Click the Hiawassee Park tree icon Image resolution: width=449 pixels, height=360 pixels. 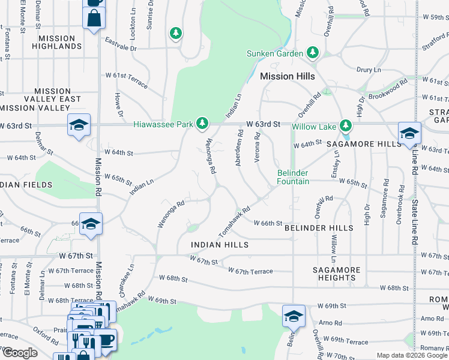click(x=203, y=124)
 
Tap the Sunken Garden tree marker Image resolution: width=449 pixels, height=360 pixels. click(x=312, y=53)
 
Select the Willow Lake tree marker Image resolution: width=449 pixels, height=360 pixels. click(x=345, y=126)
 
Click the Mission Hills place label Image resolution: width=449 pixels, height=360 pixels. click(x=288, y=77)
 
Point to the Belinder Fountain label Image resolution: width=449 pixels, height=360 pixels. click(x=293, y=177)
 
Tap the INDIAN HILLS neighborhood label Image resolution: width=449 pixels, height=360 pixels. click(x=220, y=245)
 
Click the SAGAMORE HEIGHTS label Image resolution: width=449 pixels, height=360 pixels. click(x=337, y=274)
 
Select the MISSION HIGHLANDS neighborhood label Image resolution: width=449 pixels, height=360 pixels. click(x=57, y=43)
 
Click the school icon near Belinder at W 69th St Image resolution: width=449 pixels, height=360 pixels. click(x=294, y=316)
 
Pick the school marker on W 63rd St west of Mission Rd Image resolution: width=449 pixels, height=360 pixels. click(x=79, y=125)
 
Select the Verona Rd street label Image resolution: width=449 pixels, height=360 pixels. click(x=258, y=145)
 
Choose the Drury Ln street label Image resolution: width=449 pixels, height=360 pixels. click(x=369, y=70)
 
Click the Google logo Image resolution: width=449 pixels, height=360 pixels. click(x=19, y=353)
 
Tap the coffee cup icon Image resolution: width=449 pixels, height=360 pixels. click(x=106, y=340)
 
